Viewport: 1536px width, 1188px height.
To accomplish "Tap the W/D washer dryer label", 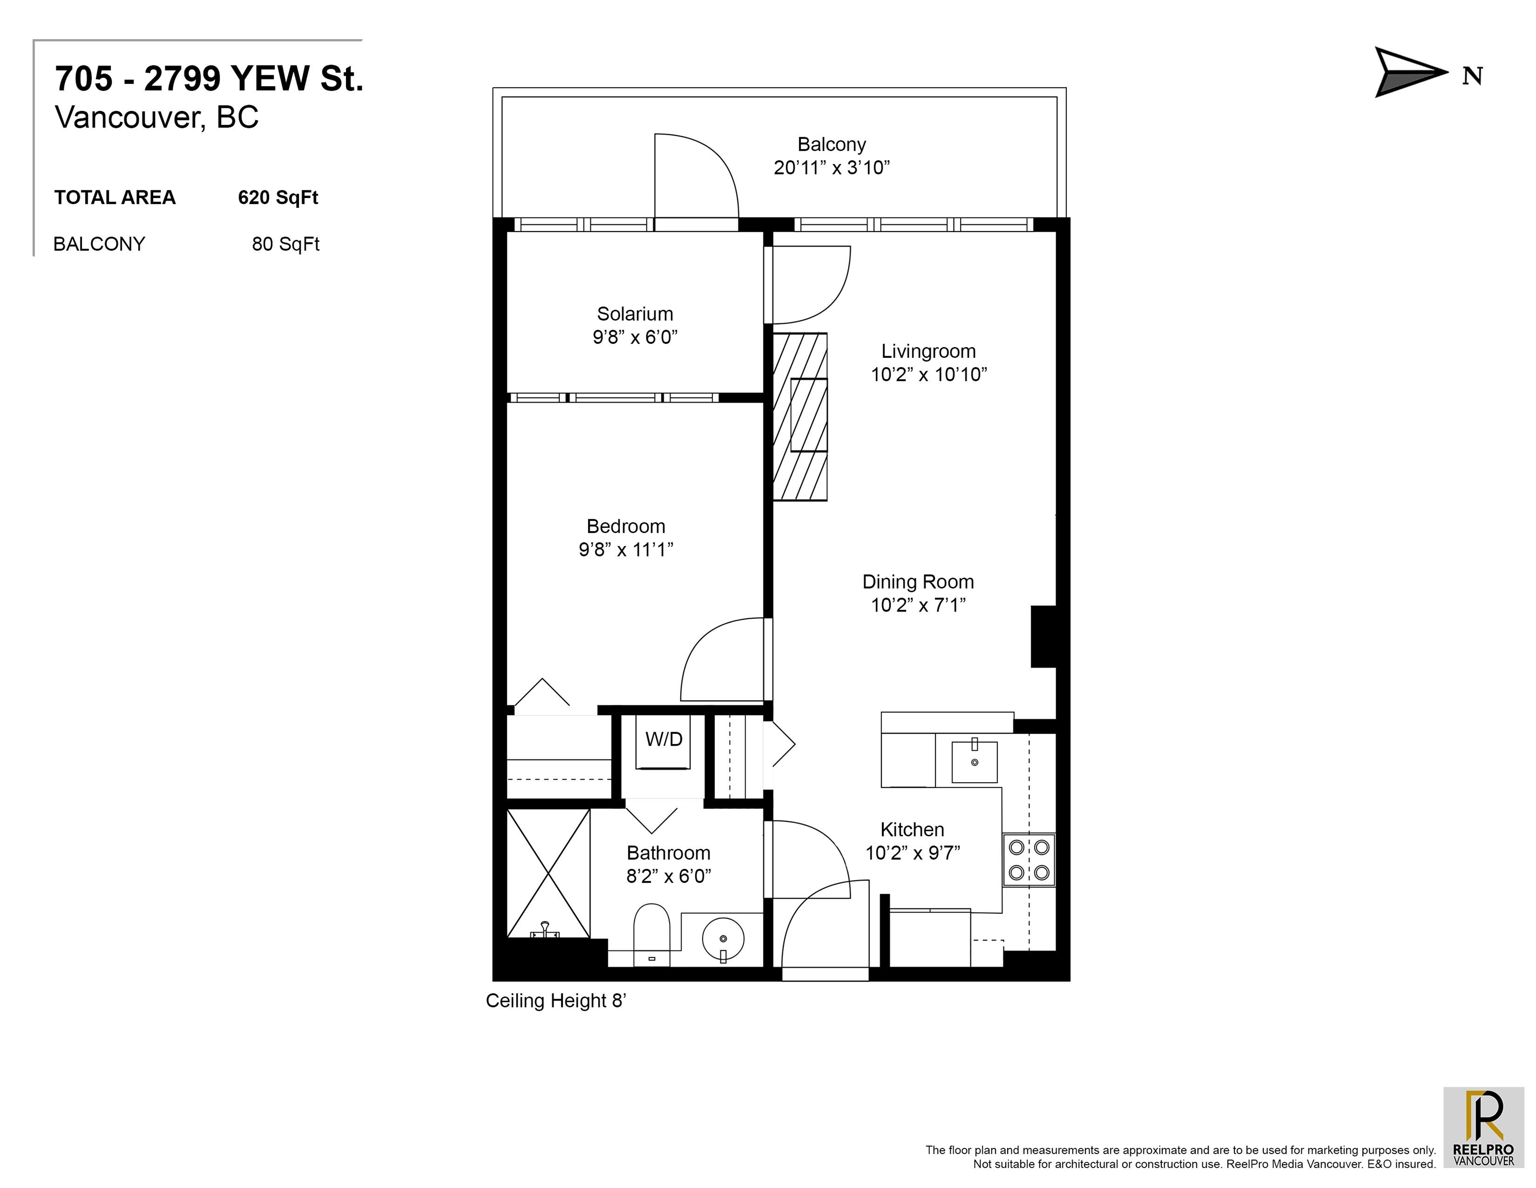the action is pyautogui.click(x=664, y=739).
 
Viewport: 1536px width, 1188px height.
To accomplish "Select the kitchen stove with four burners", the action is pyautogui.click(x=1029, y=860).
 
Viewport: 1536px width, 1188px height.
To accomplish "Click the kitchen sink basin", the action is pyautogui.click(x=974, y=761).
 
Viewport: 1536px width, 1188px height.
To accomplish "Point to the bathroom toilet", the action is pyautogui.click(x=651, y=935).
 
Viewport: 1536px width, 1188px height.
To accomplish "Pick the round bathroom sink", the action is pyautogui.click(x=723, y=938).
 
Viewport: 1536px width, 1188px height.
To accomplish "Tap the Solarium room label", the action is pyautogui.click(x=635, y=313).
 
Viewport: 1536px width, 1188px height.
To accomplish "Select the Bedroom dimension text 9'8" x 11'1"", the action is pyautogui.click(x=626, y=549).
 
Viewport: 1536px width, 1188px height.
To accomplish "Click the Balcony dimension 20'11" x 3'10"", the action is pyautogui.click(x=832, y=168).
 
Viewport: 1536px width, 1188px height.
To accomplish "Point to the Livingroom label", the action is pyautogui.click(x=928, y=351).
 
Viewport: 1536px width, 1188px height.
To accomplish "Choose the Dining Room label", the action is pyautogui.click(x=918, y=582).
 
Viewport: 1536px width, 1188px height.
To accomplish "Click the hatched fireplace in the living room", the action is pyautogui.click(x=799, y=417).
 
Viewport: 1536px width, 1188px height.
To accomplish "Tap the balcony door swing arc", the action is pyautogui.click(x=714, y=158).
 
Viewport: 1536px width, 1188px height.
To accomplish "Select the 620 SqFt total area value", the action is pyautogui.click(x=278, y=197).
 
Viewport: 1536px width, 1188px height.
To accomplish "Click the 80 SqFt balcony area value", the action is pyautogui.click(x=286, y=244).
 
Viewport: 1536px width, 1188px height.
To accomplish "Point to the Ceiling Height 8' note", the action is pyautogui.click(x=556, y=1001).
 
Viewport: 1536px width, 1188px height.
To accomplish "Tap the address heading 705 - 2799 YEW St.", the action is pyautogui.click(x=209, y=78).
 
